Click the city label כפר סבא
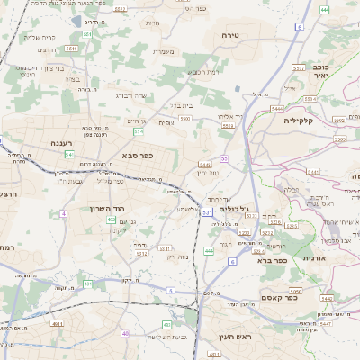(138, 155)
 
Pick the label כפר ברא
(271, 261)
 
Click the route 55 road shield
(223, 158)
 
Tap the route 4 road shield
(64, 213)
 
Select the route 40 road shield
(125, 333)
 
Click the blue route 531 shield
(207, 212)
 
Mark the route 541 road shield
(68, 155)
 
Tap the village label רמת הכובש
(205, 72)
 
